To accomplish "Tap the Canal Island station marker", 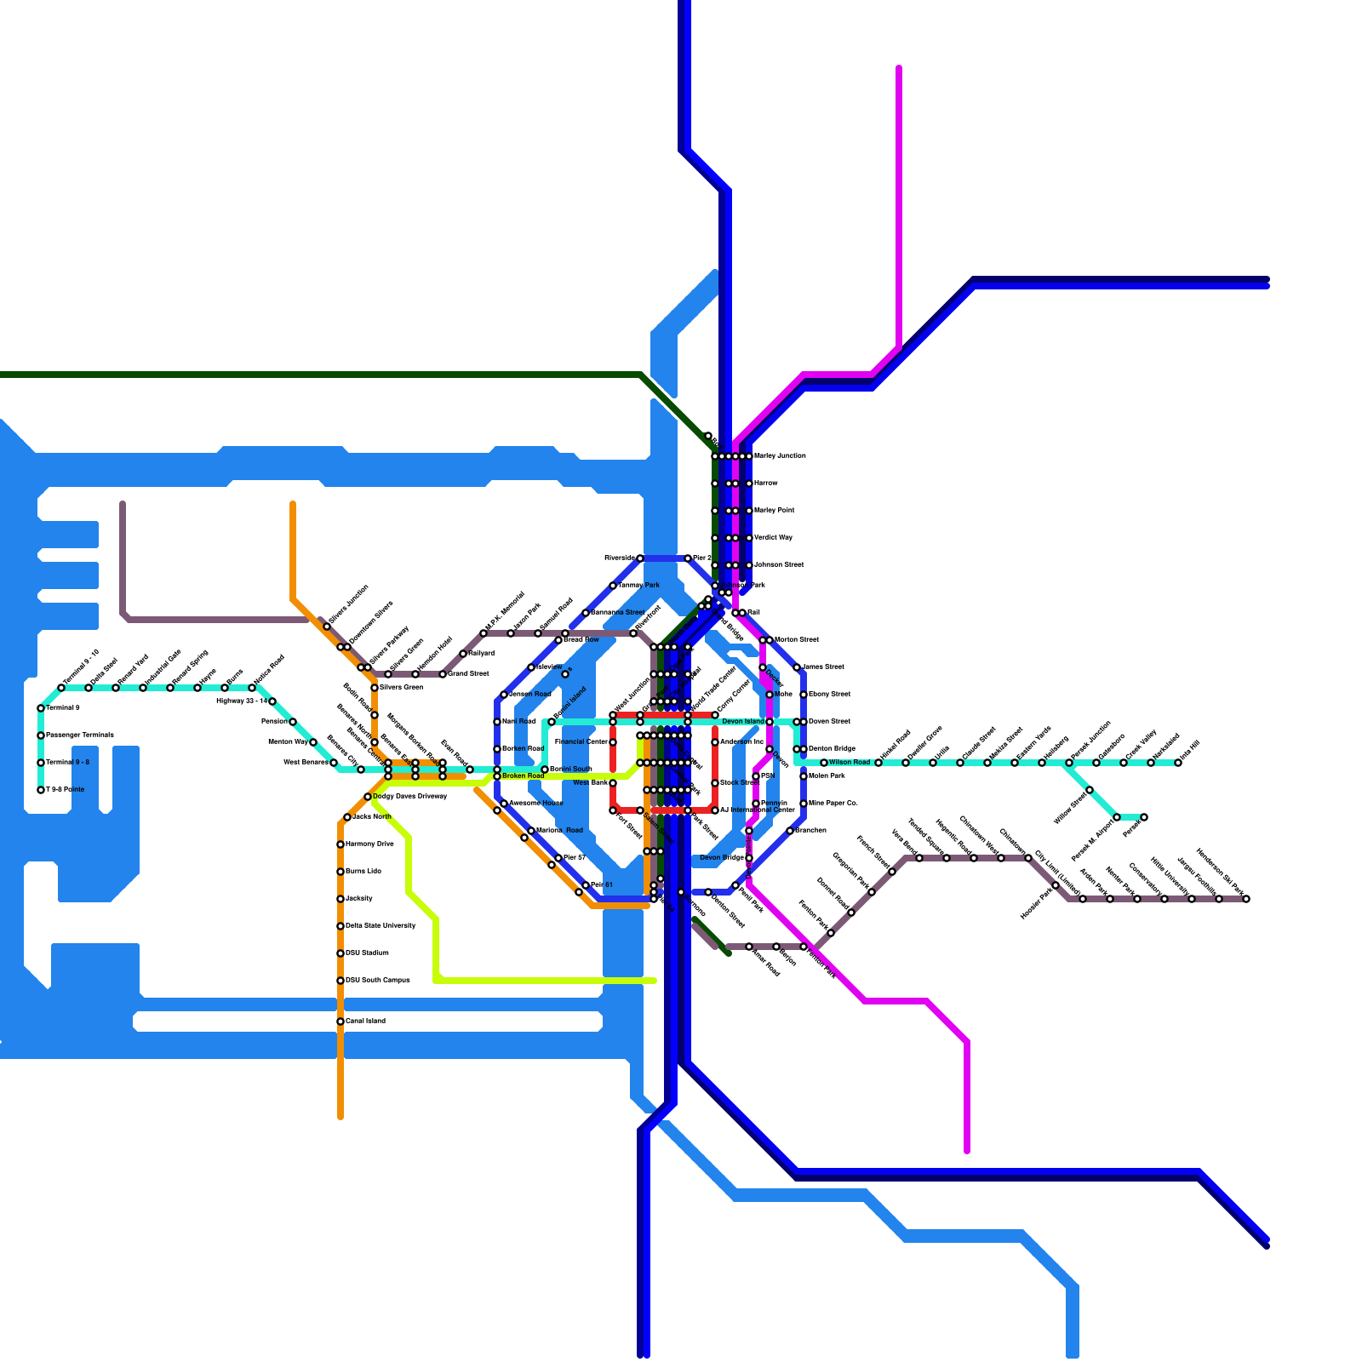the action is pos(340,1021).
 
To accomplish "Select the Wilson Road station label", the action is pos(850,763).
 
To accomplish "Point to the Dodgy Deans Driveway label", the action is pos(410,797).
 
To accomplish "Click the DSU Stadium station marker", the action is pos(340,953).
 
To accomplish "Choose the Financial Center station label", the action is pos(581,742).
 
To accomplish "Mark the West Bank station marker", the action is pos(613,783).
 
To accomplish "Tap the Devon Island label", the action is pos(743,722).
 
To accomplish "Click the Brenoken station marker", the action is pos(790,831).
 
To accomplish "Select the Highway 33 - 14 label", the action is pos(242,701).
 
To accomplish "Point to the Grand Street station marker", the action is pos(443,674).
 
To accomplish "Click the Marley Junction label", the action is pos(780,456).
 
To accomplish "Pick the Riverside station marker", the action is pos(640,558).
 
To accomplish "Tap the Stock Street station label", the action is pos(740,783).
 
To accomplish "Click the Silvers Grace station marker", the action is pos(375,688).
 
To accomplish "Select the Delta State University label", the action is pos(381,926).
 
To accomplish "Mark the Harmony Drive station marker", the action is pos(340,844).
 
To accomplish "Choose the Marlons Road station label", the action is pos(559,831).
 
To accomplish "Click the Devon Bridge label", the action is pos(722,858).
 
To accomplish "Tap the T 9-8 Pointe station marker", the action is pos(41,790).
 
